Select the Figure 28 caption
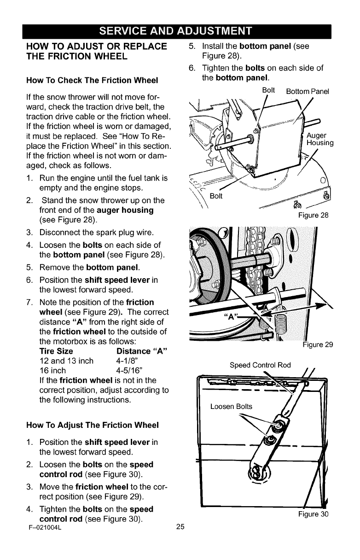point(313,214)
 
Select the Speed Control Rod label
point(260,365)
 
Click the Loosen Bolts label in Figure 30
point(231,407)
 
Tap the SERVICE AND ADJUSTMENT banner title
point(180,31)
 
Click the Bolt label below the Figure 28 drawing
point(215,196)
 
